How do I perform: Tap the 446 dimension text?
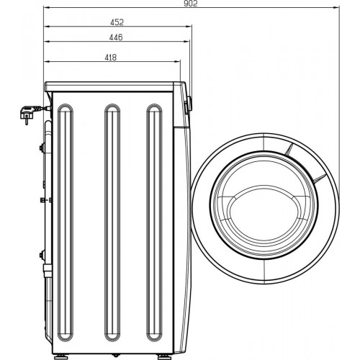click(x=116, y=37)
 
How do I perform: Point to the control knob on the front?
click(x=186, y=105)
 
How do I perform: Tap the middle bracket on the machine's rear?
click(x=44, y=199)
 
